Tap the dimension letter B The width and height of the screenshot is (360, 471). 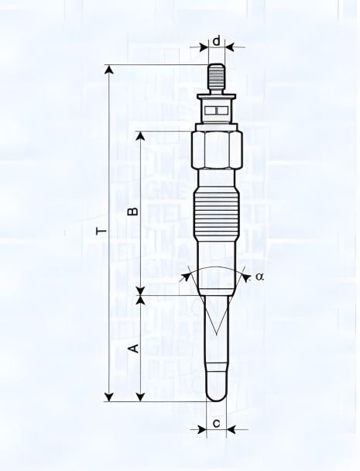click(x=132, y=210)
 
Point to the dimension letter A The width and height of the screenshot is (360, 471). click(x=132, y=348)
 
